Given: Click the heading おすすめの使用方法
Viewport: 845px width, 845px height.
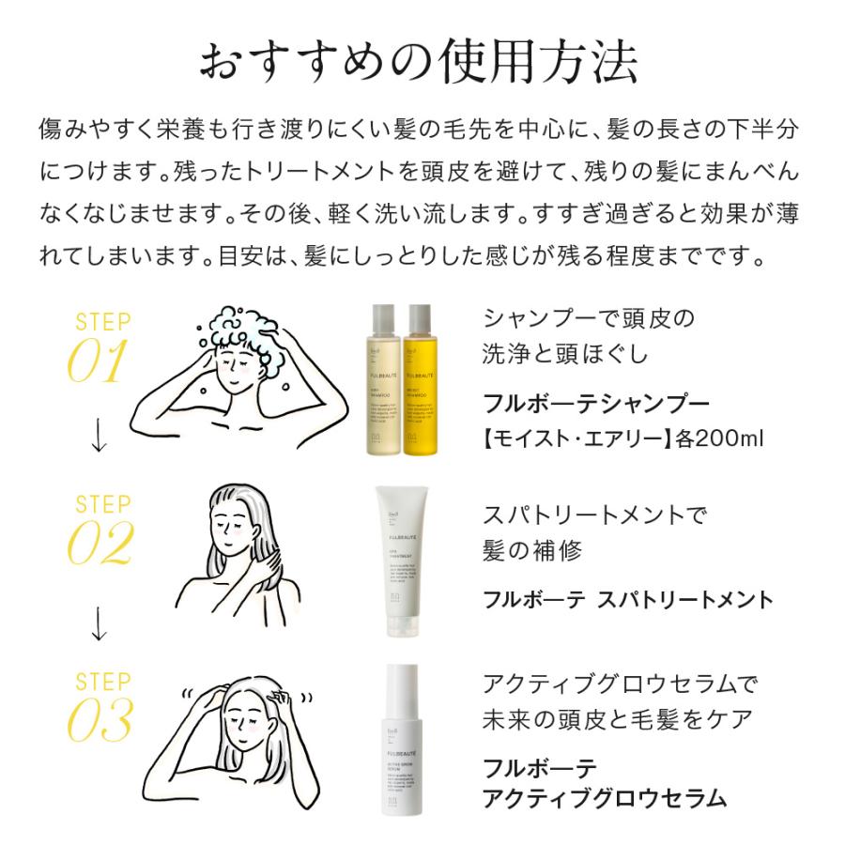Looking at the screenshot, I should coord(422,63).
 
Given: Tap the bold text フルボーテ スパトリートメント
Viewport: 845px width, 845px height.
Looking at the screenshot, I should coord(627,600).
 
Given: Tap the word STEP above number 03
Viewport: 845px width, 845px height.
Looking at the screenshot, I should coord(103,681).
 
